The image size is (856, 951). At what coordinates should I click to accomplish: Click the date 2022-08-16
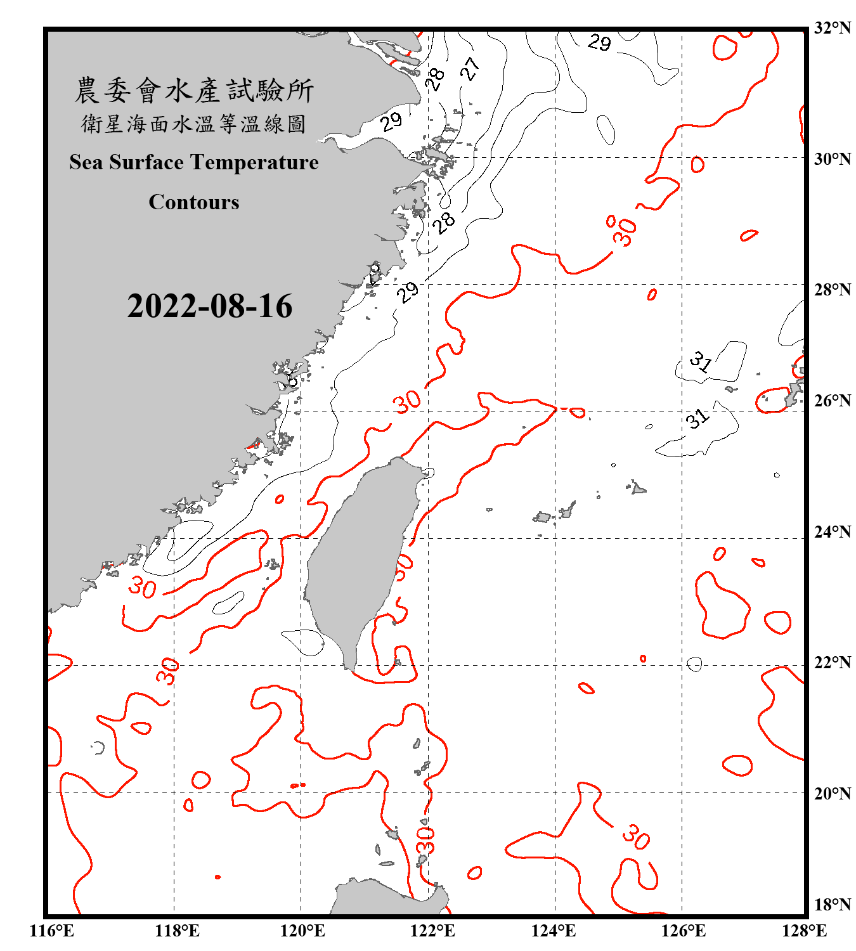(209, 306)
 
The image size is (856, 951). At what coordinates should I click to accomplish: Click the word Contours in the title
(194, 202)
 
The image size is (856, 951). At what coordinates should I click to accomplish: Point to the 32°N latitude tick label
(833, 28)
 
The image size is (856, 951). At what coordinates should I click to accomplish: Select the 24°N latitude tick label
(833, 531)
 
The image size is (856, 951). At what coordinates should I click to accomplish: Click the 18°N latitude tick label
(833, 904)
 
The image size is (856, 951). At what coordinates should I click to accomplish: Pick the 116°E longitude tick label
(52, 931)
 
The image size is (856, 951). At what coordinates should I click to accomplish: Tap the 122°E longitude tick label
(432, 931)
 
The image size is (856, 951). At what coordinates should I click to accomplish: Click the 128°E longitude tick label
(804, 931)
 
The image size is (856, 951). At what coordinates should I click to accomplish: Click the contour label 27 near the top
(469, 68)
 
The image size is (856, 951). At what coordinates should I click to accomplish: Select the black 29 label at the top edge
(599, 42)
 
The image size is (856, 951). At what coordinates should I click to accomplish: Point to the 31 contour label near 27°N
(701, 361)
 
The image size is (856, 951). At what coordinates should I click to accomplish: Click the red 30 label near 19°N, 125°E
(635, 836)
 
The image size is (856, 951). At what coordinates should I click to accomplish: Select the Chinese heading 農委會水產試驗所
(194, 90)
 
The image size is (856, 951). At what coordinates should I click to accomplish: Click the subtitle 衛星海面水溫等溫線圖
(194, 124)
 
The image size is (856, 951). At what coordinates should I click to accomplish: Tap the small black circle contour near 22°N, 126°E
(694, 664)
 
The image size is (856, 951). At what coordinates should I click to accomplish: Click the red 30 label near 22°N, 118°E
(168, 671)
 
